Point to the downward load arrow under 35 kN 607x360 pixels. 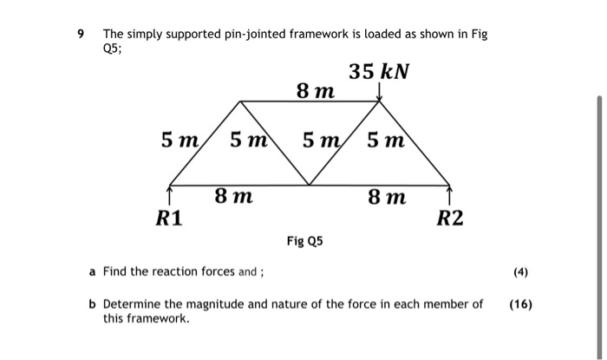[380, 92]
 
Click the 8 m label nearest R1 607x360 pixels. [233, 197]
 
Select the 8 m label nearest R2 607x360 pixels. [386, 197]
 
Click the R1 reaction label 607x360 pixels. [169, 218]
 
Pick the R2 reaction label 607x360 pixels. [450, 218]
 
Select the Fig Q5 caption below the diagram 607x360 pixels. [304, 240]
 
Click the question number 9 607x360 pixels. [81, 35]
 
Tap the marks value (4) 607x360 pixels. [520, 272]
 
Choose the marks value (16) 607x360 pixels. [521, 304]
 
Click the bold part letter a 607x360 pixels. [92, 272]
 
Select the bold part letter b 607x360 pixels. [92, 304]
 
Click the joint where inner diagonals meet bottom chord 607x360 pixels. [310, 185]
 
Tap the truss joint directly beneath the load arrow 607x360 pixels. [380, 102]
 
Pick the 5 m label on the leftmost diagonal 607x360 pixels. [180, 139]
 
